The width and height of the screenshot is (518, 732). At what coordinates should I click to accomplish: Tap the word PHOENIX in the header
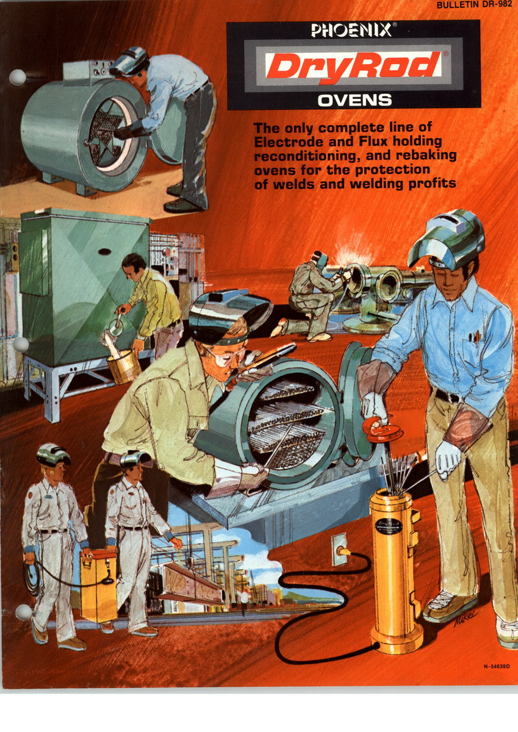pyautogui.click(x=351, y=30)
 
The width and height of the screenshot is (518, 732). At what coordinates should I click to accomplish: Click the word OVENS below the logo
pyautogui.click(x=354, y=99)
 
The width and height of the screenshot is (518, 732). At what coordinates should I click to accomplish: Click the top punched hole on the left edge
pyautogui.click(x=18, y=77)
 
